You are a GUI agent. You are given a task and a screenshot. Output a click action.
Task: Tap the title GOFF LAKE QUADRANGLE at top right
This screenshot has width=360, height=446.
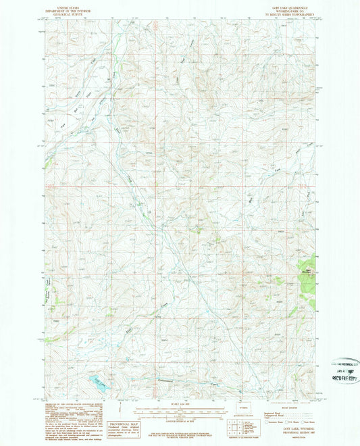pos(286,5)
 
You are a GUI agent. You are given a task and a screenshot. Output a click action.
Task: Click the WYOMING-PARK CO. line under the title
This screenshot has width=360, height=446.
pos(286,9)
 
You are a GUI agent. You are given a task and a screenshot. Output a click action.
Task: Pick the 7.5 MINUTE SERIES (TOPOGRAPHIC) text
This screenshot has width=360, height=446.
pos(286,12)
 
